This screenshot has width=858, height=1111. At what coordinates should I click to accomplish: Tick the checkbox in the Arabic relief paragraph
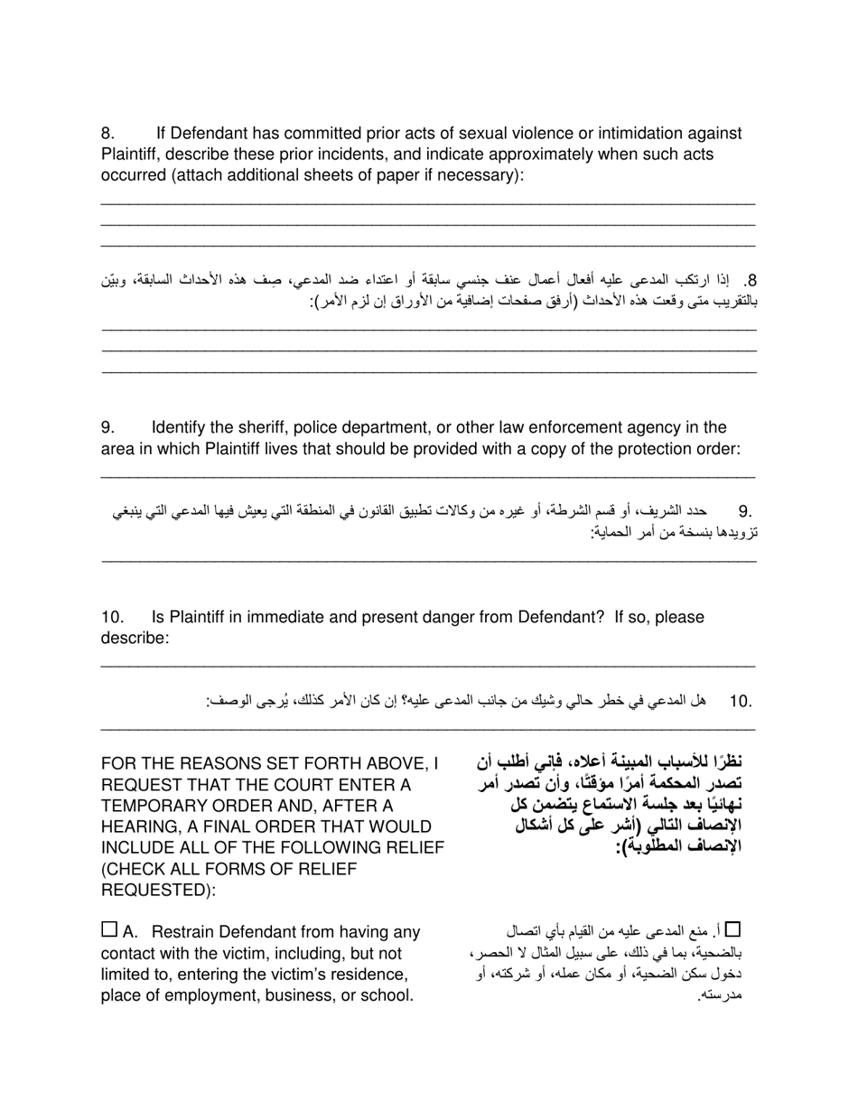[732, 929]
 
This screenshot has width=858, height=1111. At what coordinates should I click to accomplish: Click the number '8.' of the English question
[107, 134]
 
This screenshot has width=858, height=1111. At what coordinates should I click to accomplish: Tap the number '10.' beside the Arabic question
[741, 701]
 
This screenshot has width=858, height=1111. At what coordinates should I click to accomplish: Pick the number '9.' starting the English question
[107, 427]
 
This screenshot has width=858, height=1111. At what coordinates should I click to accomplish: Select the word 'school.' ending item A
[387, 996]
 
